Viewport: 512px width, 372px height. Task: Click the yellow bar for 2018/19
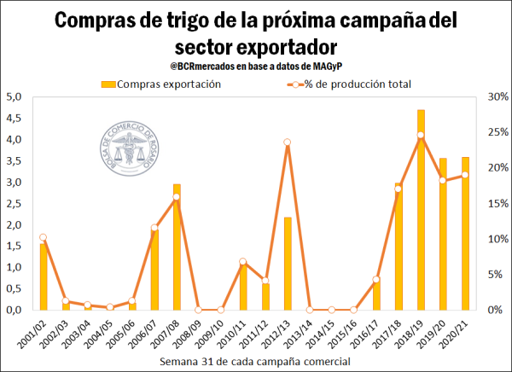tap(421, 210)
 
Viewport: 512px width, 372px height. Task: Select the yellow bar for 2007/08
tap(177, 247)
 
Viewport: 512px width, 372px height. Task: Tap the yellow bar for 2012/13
tap(288, 264)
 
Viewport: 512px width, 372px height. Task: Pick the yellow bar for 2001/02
tap(44, 276)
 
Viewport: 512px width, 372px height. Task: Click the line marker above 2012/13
tap(288, 142)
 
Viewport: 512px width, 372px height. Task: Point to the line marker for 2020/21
tap(465, 175)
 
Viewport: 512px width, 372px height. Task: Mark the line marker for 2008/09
tap(199, 310)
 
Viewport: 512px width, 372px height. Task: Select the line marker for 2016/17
tap(376, 279)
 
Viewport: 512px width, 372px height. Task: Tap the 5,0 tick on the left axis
tap(13, 96)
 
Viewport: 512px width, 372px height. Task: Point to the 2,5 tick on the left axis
tap(13, 203)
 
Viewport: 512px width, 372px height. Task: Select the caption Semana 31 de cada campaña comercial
tap(255, 363)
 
